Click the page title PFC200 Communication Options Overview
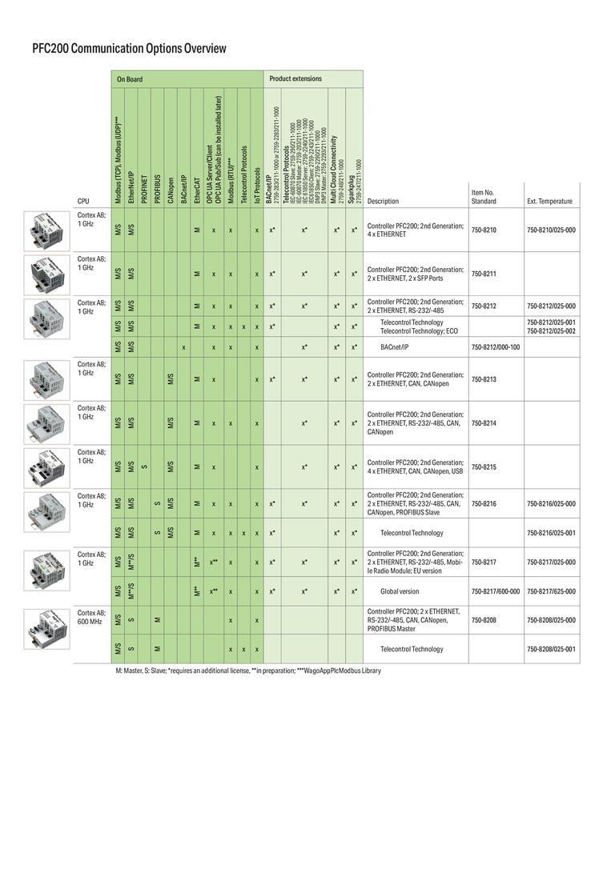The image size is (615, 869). (x=129, y=49)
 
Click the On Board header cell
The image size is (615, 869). (x=130, y=79)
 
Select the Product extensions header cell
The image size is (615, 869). (x=295, y=79)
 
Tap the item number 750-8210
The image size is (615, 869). (x=484, y=230)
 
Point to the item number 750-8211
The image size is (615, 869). (x=484, y=274)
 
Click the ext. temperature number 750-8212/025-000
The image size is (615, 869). (x=551, y=306)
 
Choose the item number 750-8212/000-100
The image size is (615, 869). (x=495, y=347)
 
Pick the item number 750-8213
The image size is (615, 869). (x=484, y=379)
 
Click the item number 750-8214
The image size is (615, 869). (x=484, y=423)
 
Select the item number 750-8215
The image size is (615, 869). (x=484, y=467)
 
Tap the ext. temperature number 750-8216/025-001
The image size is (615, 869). (x=551, y=533)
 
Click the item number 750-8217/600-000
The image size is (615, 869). (x=495, y=591)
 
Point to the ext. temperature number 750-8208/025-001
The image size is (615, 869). (x=551, y=649)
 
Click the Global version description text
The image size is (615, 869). (x=400, y=591)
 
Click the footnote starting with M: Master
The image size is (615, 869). (x=248, y=671)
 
